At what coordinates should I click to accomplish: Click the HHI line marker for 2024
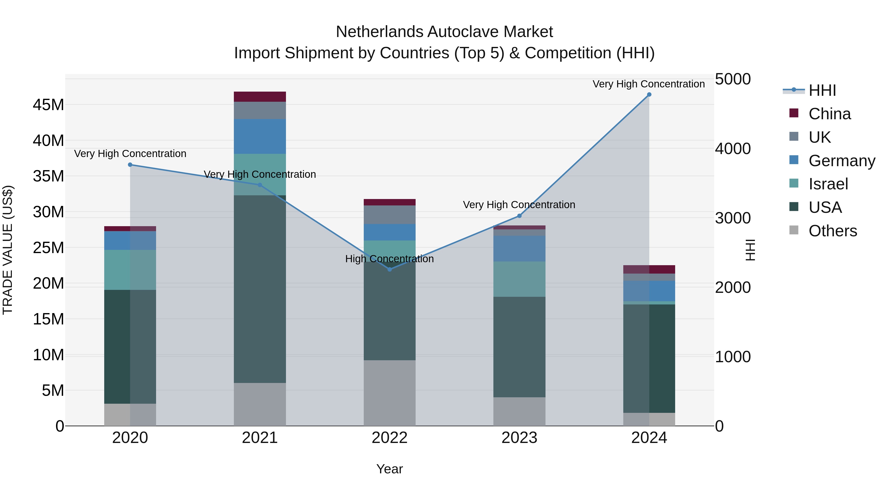click(649, 95)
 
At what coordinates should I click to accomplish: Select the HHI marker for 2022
click(390, 269)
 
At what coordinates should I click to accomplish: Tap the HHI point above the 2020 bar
click(130, 165)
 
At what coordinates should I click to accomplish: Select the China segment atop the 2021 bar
click(260, 97)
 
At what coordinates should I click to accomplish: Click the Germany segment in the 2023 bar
click(519, 248)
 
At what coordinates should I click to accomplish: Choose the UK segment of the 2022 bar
click(390, 215)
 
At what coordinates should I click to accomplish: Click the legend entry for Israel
click(828, 184)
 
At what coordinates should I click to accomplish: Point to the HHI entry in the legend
click(822, 90)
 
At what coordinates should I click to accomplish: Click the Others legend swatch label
click(832, 231)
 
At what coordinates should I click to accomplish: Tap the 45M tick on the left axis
click(48, 104)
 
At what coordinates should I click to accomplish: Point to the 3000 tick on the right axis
click(732, 218)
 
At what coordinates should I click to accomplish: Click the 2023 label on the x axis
click(519, 438)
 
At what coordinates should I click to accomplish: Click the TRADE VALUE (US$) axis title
click(8, 250)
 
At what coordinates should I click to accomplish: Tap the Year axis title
click(390, 469)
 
